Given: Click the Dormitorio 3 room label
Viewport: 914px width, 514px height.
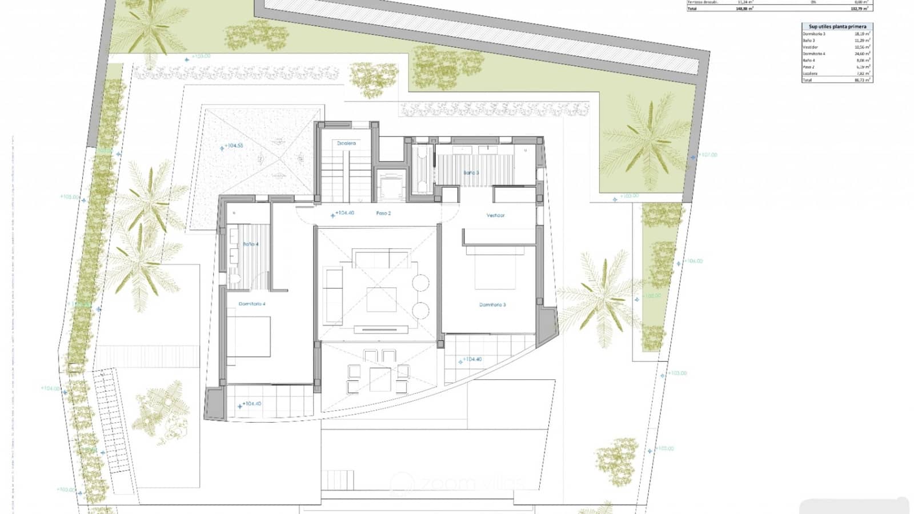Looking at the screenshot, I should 492,305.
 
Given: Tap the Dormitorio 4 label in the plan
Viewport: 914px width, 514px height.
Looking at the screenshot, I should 252,304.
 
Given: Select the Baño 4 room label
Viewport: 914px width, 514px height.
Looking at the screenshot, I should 250,244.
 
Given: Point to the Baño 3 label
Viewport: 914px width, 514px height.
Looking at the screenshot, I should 471,172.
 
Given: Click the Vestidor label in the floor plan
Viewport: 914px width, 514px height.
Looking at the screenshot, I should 495,215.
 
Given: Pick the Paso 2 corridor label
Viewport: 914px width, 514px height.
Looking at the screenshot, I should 383,213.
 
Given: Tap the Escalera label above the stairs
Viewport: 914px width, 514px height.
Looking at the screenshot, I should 346,143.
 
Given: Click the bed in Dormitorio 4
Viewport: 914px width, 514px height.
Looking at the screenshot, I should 248,337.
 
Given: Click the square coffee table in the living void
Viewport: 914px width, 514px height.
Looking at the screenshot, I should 381,299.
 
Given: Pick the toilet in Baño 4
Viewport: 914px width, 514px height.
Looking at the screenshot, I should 234,279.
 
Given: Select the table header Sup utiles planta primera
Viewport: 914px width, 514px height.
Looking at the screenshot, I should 837,27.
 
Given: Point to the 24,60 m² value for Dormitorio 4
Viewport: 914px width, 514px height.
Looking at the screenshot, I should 862,54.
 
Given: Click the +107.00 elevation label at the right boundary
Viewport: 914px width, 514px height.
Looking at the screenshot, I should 707,155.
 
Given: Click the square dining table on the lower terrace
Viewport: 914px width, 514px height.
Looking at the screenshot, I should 379,378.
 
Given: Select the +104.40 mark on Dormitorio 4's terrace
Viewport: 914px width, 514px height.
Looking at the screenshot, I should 252,404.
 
